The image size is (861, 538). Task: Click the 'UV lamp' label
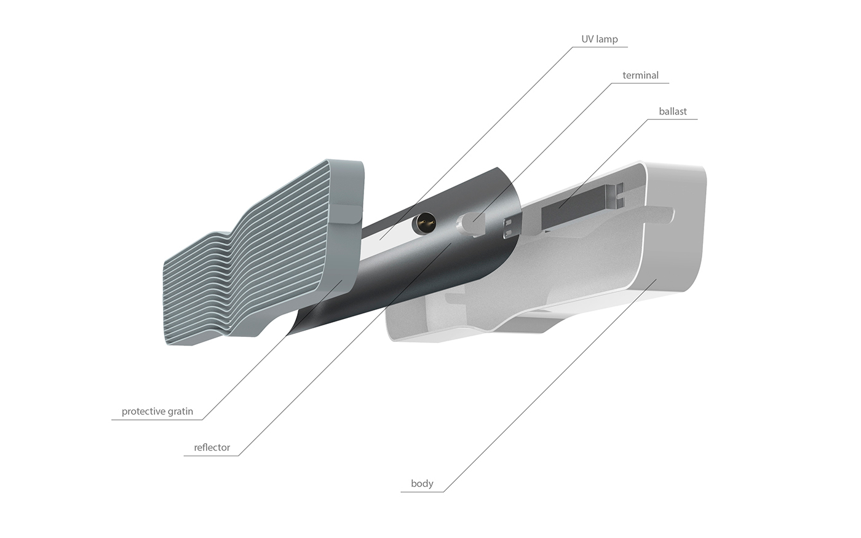[599, 39]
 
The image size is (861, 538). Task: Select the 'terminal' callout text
[640, 76]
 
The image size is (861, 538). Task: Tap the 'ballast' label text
[673, 112]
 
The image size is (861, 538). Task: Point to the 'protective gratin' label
[157, 411]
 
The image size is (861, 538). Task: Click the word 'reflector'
[212, 448]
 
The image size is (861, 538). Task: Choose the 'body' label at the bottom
[422, 484]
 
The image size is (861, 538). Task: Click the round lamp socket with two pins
[425, 223]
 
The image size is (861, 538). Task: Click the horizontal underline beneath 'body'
[422, 492]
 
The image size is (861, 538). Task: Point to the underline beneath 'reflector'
[212, 456]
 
